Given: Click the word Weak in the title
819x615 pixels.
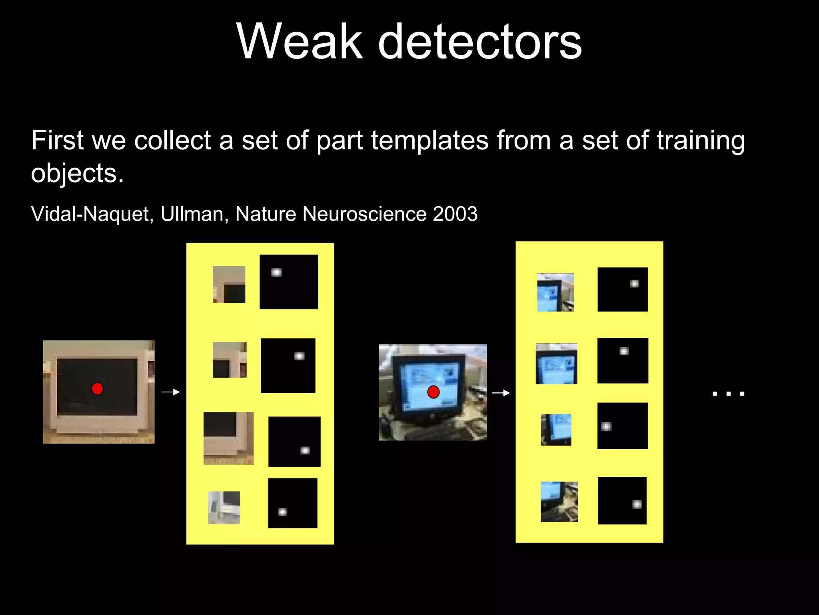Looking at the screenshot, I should tap(299, 41).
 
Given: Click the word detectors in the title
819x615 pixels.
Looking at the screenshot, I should tap(480, 41).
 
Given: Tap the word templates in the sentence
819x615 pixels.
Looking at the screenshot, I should tap(429, 141).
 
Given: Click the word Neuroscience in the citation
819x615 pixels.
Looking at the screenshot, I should tap(364, 214).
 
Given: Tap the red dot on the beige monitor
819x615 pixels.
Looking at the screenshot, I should tap(97, 389).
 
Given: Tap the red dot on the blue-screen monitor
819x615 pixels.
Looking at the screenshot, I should tap(433, 392).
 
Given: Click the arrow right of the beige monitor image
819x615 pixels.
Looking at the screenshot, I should tap(171, 392).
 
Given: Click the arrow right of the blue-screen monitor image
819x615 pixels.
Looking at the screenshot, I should tap(501, 393).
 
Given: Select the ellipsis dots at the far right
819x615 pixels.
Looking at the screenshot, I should tap(729, 394).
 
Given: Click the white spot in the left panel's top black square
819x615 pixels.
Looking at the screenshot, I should tap(276, 273).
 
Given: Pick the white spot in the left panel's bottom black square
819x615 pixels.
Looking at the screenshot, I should tap(282, 512).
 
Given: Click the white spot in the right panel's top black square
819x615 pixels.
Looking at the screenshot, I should tap(634, 284).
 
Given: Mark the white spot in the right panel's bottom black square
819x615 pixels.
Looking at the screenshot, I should tap(637, 504).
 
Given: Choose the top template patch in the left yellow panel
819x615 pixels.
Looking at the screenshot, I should tap(229, 284).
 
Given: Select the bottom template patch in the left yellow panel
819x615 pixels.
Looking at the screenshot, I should tap(224, 508).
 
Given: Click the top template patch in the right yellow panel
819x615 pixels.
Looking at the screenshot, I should tap(555, 292).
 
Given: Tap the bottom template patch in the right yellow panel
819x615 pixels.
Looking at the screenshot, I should tap(559, 502).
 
